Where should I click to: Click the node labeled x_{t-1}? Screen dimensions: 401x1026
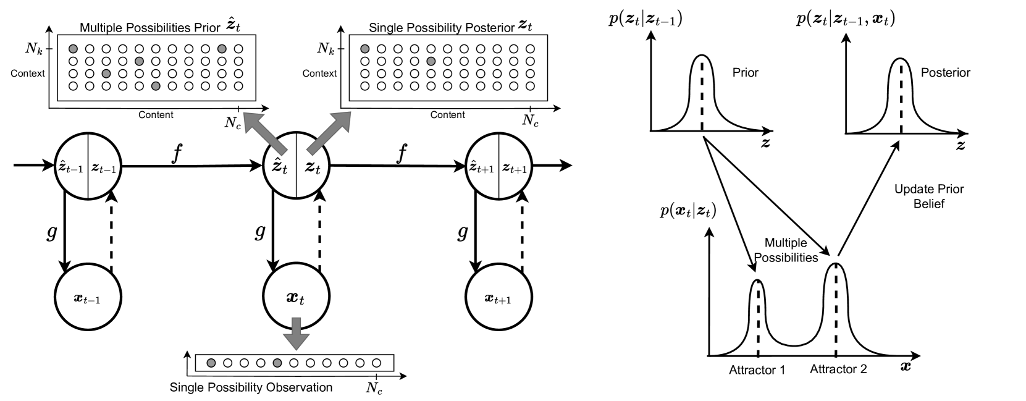[x=88, y=298]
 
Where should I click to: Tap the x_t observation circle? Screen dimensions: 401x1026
[x=295, y=298]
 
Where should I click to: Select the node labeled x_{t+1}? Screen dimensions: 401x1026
[x=498, y=299]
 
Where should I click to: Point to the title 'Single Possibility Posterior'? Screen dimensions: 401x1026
[x=441, y=28]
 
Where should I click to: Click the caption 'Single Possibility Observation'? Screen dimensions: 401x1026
[x=251, y=388]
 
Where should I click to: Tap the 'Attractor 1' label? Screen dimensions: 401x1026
[x=757, y=371]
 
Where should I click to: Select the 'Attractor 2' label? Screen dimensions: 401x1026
[x=838, y=369]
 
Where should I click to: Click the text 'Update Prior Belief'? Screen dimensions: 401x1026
[x=929, y=196]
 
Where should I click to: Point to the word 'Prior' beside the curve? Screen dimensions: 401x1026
[x=745, y=72]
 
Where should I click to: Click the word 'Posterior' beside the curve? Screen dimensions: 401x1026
[x=945, y=72]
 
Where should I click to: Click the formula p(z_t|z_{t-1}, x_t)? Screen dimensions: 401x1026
[x=846, y=19]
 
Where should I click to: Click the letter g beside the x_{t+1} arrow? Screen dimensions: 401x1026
[x=462, y=232]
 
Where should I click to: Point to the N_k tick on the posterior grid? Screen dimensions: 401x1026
[x=326, y=48]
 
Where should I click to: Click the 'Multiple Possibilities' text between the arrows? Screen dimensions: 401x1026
[x=786, y=250]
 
